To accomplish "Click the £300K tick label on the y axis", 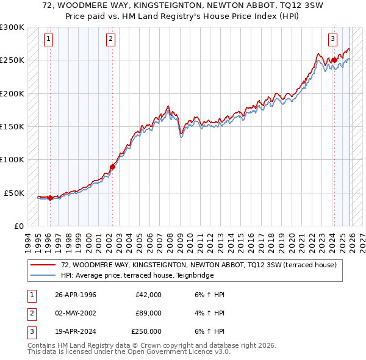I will coord(12,27).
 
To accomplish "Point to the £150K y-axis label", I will coord(12,127).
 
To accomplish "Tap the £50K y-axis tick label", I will coord(14,193).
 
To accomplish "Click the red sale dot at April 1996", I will coord(50,198).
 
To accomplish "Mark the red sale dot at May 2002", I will coord(112,167).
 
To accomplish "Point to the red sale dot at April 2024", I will coord(334,60).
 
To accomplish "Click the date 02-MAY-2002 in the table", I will coord(76,313).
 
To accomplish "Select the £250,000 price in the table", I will coord(146,331).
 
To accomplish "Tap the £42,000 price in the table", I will coord(148,295).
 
